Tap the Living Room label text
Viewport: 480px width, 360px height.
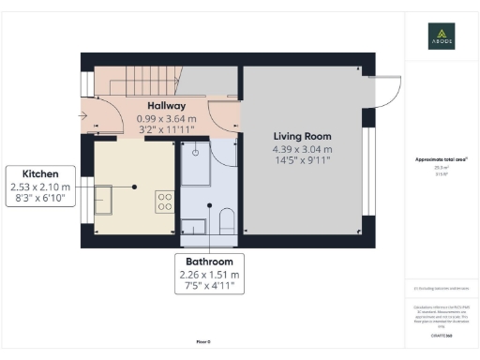tap(302, 135)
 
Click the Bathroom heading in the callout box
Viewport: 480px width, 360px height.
tap(209, 262)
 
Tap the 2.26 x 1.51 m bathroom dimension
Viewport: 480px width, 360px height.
tap(209, 275)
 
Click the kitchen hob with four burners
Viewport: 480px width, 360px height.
tap(163, 202)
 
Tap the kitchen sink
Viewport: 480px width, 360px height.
tap(103, 200)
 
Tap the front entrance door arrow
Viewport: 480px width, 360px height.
tap(86, 116)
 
